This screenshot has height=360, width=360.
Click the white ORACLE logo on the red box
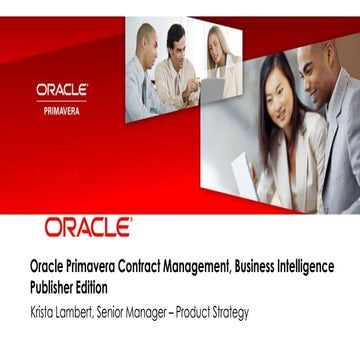click(62, 89)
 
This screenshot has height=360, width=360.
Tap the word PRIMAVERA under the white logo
click(62, 111)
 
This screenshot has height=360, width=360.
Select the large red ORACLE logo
click(88, 228)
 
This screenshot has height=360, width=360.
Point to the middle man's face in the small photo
click(176, 43)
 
